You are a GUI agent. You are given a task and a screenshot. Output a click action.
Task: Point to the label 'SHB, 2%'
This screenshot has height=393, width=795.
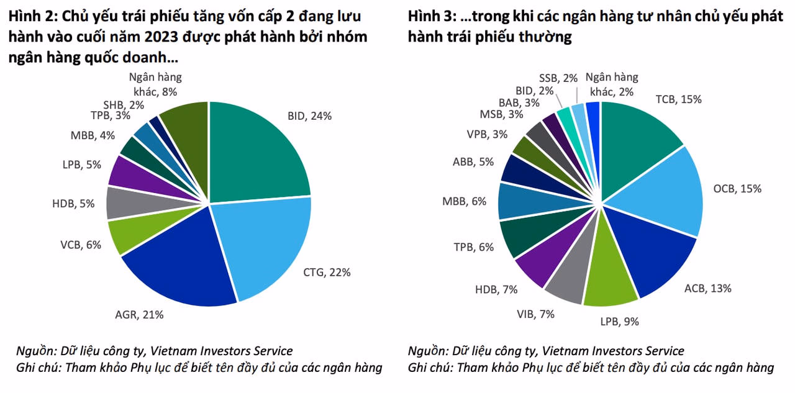pos(123,105)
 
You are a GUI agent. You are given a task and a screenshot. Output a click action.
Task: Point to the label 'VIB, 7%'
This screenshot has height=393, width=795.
pos(535,314)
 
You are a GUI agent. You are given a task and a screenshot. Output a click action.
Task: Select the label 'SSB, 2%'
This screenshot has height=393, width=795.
pos(558,78)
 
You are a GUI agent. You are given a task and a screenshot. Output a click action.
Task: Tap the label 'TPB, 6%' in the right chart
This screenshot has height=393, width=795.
pos(474,247)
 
